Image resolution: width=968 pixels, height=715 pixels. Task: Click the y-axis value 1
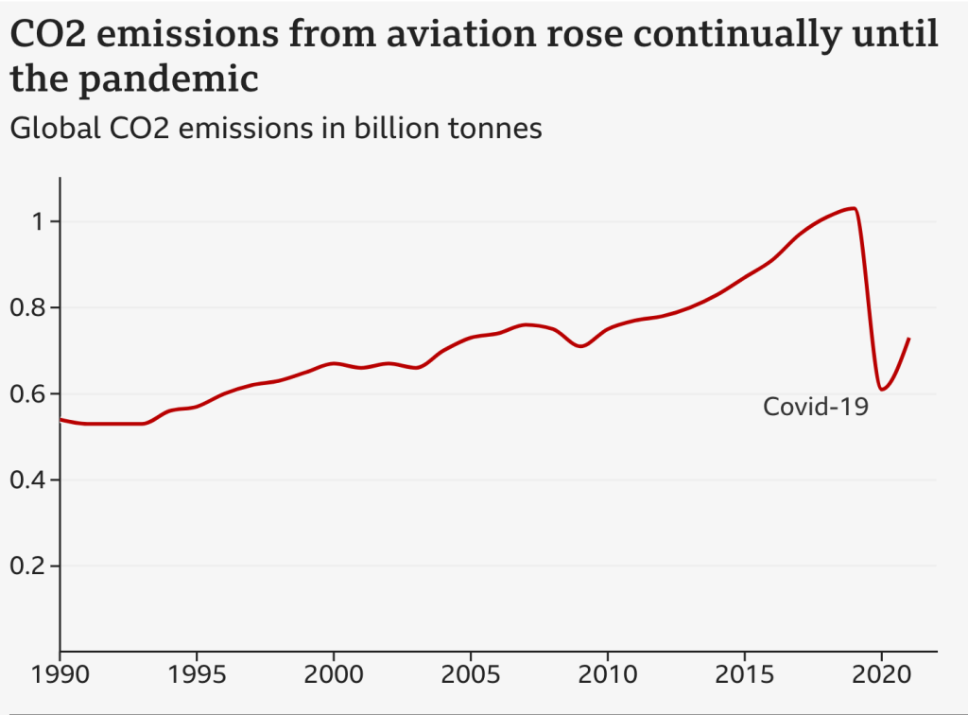pyautogui.click(x=37, y=222)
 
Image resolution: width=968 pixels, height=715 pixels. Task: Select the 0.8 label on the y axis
pyautogui.click(x=30, y=308)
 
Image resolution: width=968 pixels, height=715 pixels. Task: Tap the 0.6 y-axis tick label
pyautogui.click(x=30, y=394)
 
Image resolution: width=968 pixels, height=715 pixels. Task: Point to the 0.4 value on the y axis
pyautogui.click(x=30, y=480)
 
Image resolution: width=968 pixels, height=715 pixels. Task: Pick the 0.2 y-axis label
pyautogui.click(x=30, y=567)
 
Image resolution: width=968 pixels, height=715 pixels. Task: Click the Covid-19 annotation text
pyautogui.click(x=815, y=408)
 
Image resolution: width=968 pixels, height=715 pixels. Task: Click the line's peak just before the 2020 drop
pyautogui.click(x=854, y=208)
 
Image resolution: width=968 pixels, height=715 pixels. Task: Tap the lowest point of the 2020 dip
pyautogui.click(x=881, y=389)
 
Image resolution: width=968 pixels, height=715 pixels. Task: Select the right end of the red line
pyautogui.click(x=909, y=339)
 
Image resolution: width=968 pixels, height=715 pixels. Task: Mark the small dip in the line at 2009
pyautogui.click(x=580, y=346)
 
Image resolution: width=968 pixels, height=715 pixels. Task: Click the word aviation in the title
pyautogui.click(x=428, y=36)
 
